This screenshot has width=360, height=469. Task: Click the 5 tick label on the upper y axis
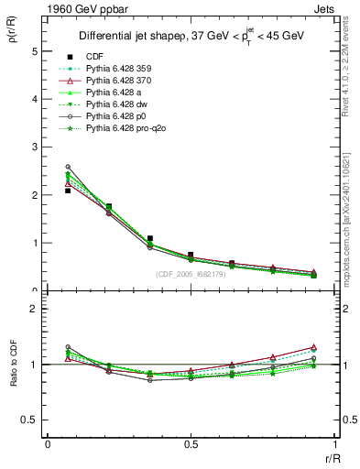[36, 52]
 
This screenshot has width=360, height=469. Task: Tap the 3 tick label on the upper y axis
[36, 147]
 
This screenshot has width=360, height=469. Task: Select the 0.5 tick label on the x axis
[190, 442]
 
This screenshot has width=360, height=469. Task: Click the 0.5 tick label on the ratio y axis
[31, 420]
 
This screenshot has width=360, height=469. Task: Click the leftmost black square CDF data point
[68, 191]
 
